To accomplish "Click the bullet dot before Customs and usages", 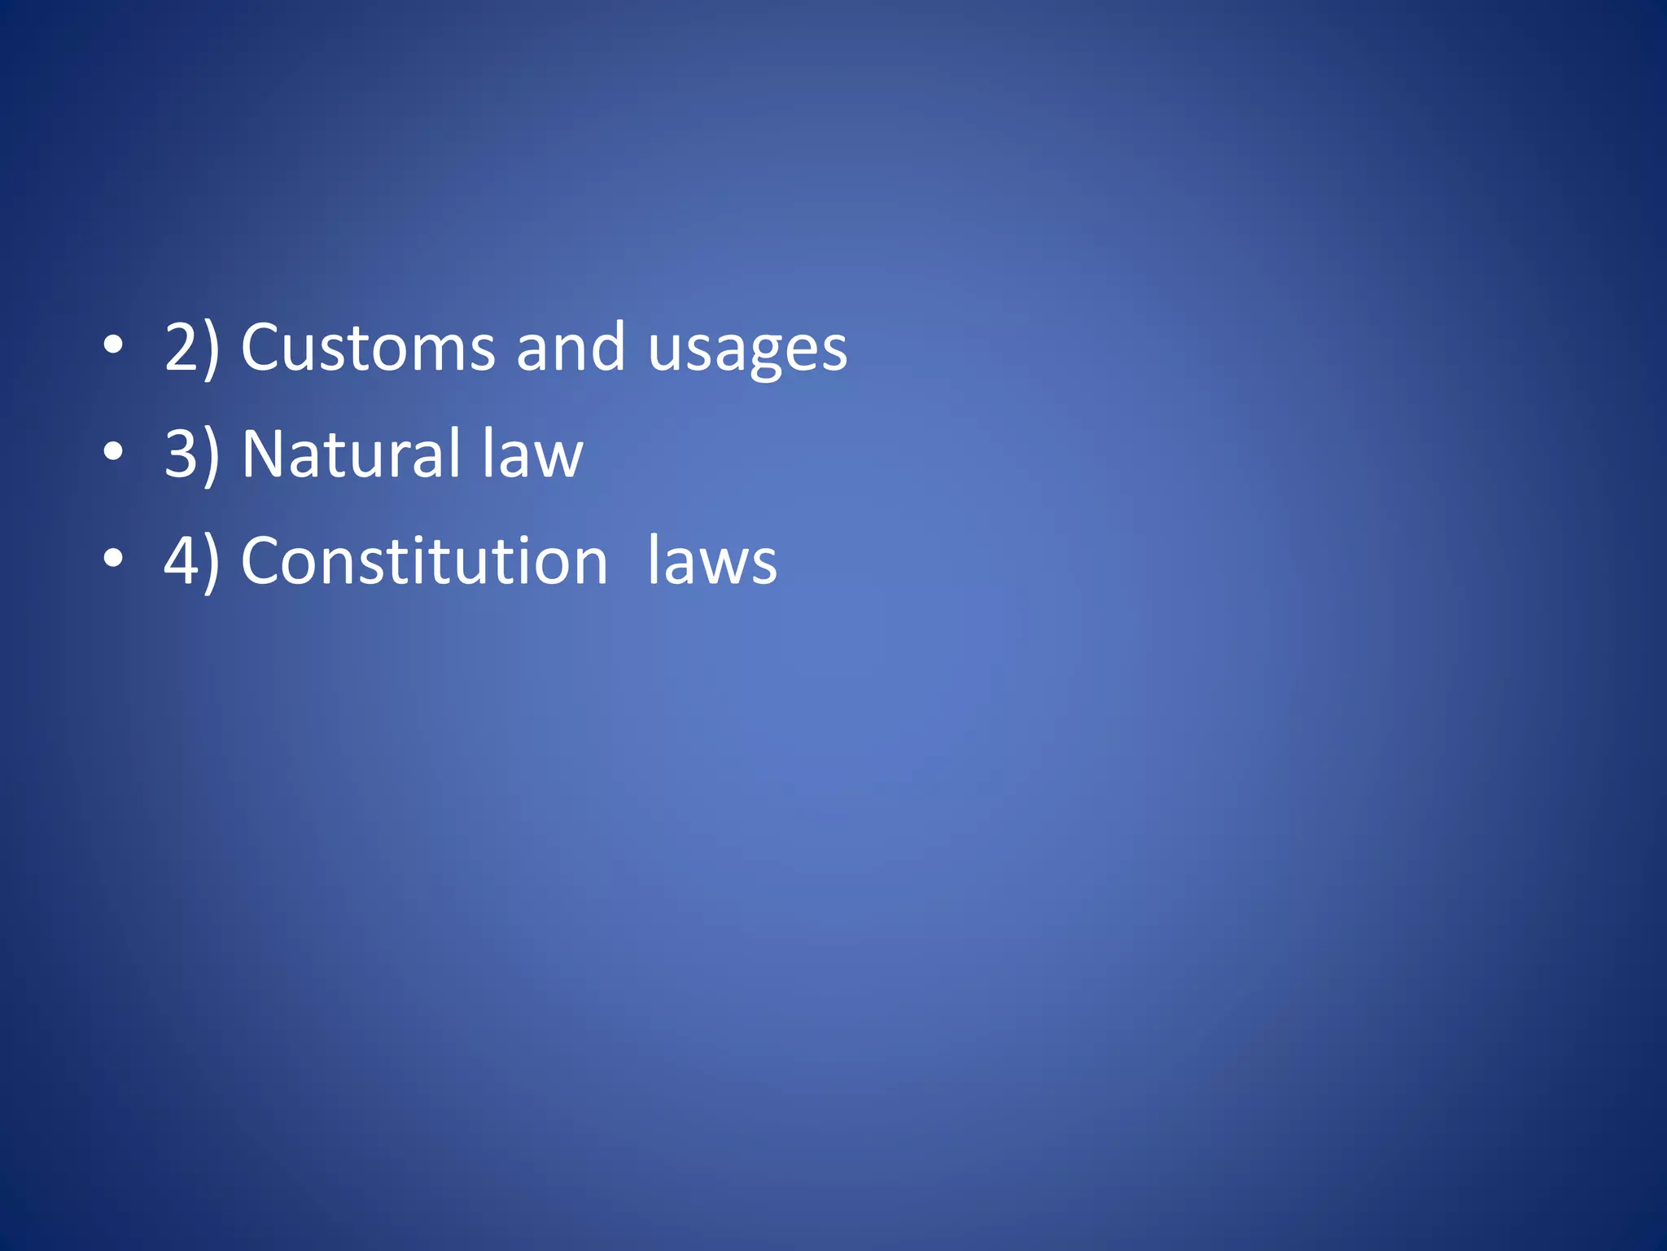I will [113, 346].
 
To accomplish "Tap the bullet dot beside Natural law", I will [113, 452].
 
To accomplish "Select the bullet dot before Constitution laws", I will [113, 560].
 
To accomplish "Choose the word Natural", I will [352, 454].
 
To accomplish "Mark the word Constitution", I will [424, 561].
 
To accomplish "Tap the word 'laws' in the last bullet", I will [712, 561].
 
